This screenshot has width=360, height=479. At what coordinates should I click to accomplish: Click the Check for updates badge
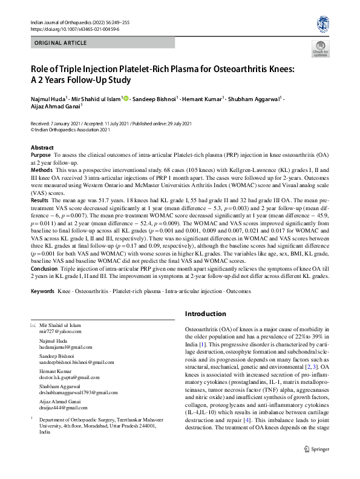(x=320, y=50)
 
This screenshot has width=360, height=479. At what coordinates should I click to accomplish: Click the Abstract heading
(x=42, y=148)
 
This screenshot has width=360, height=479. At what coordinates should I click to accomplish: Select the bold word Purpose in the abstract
(x=41, y=155)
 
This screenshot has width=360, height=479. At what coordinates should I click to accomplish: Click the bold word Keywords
(x=43, y=291)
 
